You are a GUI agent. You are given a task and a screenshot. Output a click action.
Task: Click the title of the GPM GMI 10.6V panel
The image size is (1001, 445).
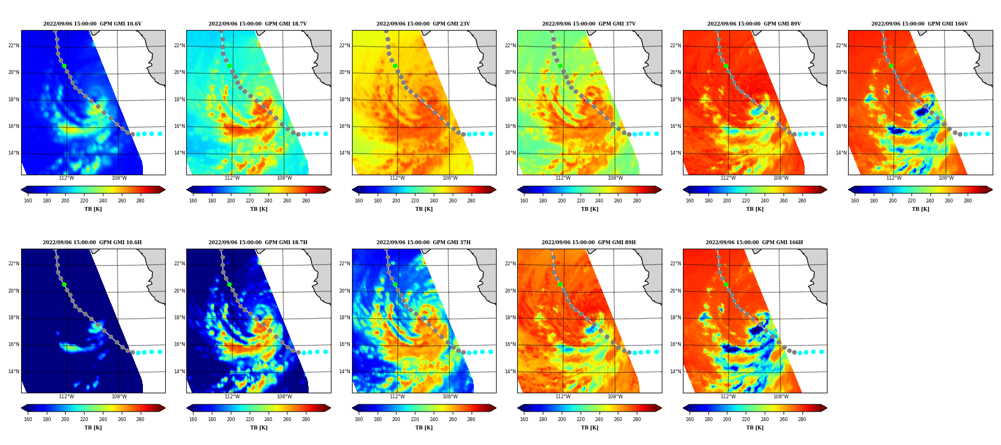(92, 24)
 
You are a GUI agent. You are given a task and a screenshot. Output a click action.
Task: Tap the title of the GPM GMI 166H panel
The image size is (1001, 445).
(754, 243)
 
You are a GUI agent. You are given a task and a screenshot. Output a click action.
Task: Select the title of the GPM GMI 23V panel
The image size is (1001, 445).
(423, 24)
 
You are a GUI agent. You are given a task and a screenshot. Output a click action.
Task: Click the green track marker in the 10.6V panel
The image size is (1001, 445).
(64, 66)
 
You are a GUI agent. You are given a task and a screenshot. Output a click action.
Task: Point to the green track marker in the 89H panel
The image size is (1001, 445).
(560, 284)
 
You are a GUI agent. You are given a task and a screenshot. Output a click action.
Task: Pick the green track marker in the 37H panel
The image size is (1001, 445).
(395, 284)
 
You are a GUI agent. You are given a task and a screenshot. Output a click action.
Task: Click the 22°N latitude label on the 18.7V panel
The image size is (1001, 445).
(179, 46)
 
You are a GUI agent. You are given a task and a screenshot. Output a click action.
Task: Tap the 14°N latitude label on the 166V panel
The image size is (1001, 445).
(841, 153)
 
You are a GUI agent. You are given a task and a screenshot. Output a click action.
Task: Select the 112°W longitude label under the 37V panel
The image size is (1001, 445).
(563, 179)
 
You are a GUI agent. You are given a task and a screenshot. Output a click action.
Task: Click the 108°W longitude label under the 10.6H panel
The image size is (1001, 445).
(119, 397)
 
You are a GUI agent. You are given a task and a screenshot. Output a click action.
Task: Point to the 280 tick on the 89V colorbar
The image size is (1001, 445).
(802, 201)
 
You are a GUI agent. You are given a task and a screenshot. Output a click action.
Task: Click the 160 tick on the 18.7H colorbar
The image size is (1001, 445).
(193, 419)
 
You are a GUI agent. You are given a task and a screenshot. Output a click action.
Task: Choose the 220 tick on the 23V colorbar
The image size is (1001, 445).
(415, 201)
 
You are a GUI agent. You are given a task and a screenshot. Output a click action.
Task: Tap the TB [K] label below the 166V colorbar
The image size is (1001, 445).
(920, 209)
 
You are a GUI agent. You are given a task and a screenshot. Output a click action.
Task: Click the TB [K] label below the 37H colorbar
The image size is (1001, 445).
(424, 428)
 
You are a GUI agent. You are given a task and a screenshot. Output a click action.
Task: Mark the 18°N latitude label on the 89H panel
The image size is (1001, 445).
(510, 318)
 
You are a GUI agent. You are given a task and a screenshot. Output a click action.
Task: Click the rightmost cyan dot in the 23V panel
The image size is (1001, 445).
(490, 133)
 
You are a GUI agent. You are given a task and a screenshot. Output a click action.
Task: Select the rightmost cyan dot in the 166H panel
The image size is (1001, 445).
(821, 352)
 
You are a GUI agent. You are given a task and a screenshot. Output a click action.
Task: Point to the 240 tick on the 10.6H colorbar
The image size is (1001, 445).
(103, 419)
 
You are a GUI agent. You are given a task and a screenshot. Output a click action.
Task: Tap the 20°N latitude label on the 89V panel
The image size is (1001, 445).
(676, 72)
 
